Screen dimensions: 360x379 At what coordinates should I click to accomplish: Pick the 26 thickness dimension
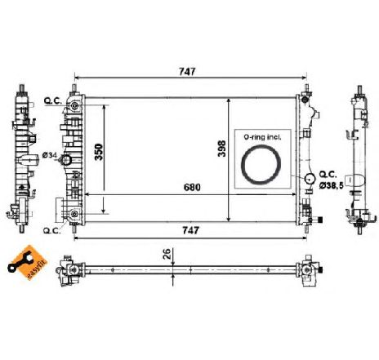click(167, 254)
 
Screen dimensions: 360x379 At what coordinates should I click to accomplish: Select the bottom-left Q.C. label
click(51, 230)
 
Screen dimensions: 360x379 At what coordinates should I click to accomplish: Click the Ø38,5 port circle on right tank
click(310, 179)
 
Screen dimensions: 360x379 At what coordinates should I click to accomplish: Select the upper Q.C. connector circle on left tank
click(75, 106)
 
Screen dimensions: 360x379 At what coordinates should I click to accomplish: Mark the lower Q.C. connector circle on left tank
click(74, 215)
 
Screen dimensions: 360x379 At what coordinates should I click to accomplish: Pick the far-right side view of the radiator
click(359, 155)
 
